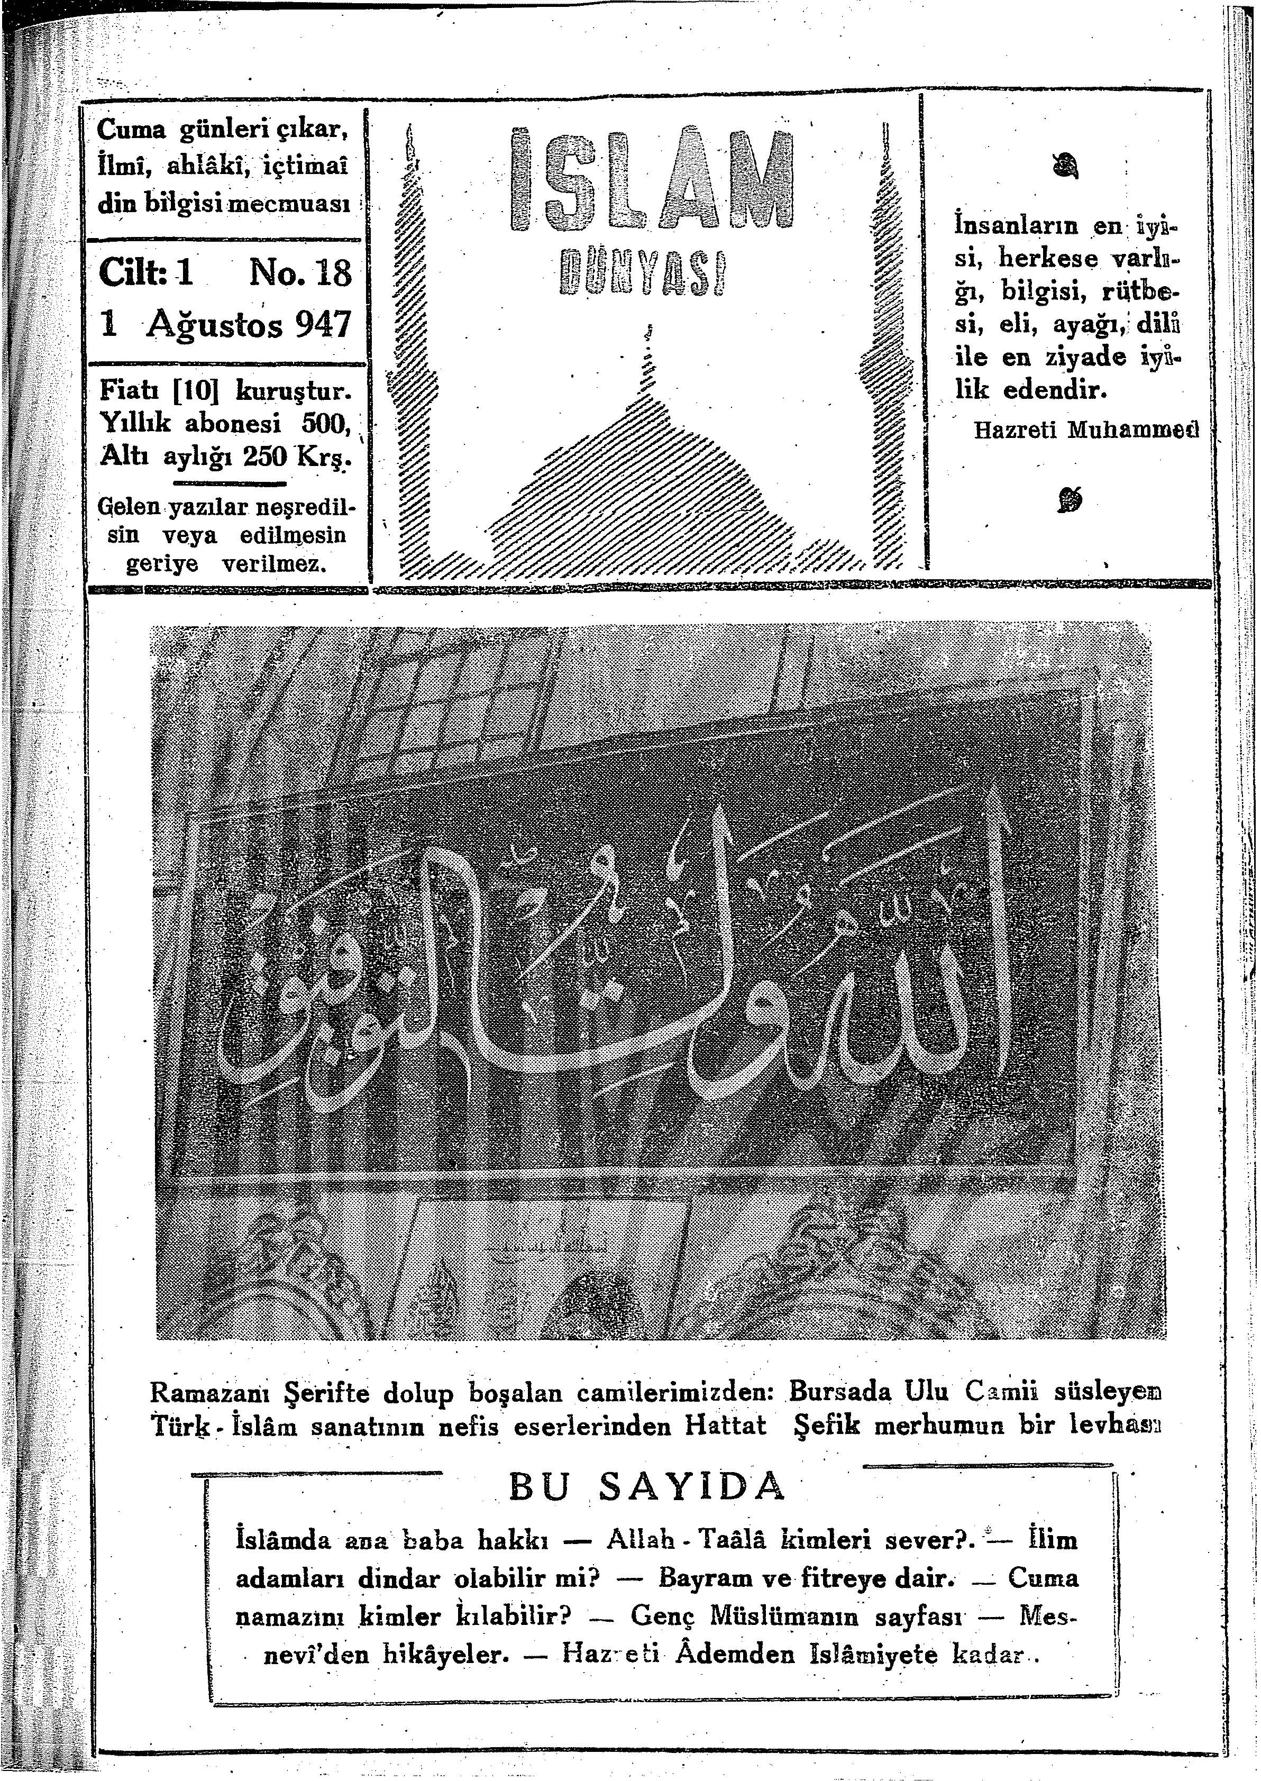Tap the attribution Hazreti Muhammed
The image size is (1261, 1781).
(1085, 428)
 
